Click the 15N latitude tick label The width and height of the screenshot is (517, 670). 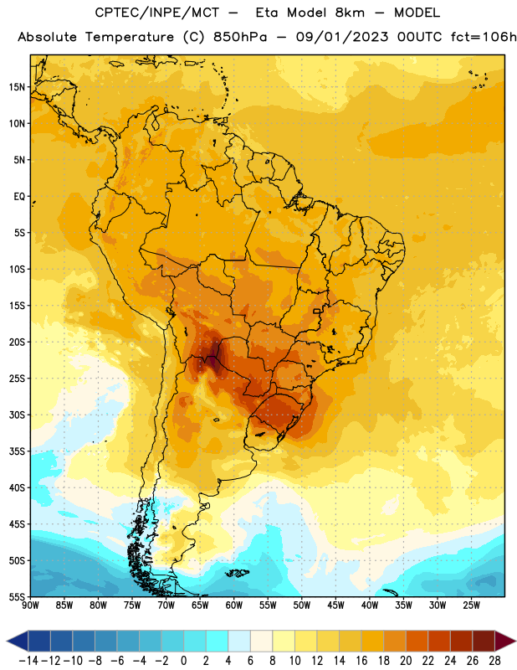pos(17,87)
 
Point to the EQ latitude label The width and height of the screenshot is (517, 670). pos(19,197)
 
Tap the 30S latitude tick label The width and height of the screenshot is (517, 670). pos(17,415)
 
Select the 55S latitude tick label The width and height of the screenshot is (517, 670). pos(17,596)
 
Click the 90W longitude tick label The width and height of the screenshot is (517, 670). pos(31,606)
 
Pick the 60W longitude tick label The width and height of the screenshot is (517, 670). pos(234,606)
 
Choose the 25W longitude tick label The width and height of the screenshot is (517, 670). pos(471,606)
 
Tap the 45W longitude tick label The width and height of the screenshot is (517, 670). pos(335,606)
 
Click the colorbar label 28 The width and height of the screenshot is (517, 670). pos(494,661)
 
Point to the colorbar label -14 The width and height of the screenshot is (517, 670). pos(28,661)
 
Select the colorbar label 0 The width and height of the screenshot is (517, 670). pos(183,661)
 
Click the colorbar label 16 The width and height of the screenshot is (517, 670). pos(361,661)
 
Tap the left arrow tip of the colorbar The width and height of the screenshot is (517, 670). pos(7,641)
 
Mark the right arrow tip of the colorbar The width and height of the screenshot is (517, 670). pos(515,641)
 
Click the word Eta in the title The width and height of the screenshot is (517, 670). pos(267,13)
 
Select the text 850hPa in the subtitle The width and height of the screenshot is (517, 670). pos(240,37)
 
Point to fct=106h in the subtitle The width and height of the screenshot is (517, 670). pos(484,37)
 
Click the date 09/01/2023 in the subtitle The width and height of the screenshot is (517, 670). pos(342,37)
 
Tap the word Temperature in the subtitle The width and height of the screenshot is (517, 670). pos(130,37)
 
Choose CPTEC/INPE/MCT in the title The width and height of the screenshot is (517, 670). pos(157,13)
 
